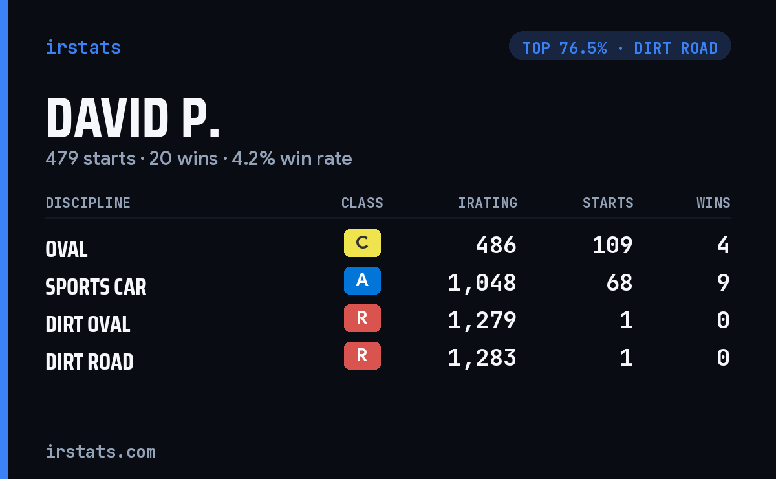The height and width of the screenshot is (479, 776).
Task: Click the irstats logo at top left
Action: tap(83, 47)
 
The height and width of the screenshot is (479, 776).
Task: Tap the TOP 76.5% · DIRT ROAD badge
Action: tap(620, 46)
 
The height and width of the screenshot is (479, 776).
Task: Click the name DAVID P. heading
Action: tap(133, 118)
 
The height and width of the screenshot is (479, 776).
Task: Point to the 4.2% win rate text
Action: tap(292, 159)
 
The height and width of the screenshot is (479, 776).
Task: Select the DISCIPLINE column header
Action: tap(88, 203)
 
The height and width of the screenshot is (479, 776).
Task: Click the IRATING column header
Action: tap(488, 203)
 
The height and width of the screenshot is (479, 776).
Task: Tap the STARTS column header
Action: tap(608, 203)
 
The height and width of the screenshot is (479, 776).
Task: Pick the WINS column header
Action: tap(714, 203)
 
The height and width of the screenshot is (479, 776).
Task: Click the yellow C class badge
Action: tap(362, 243)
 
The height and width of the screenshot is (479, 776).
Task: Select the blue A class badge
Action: tap(362, 280)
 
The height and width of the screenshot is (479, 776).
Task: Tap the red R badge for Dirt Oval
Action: tap(362, 318)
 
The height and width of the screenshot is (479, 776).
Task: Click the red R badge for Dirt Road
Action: tap(362, 355)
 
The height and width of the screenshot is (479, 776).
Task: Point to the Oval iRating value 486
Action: tap(496, 245)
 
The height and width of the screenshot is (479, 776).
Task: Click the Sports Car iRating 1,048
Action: tap(482, 284)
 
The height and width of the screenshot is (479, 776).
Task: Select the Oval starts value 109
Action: tap(612, 245)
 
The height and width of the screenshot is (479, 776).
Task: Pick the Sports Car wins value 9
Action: tap(724, 283)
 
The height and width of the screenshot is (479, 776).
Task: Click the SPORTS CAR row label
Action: tap(96, 287)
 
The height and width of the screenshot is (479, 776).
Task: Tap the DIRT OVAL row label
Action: tap(88, 324)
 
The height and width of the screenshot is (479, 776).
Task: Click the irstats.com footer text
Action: tap(101, 452)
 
